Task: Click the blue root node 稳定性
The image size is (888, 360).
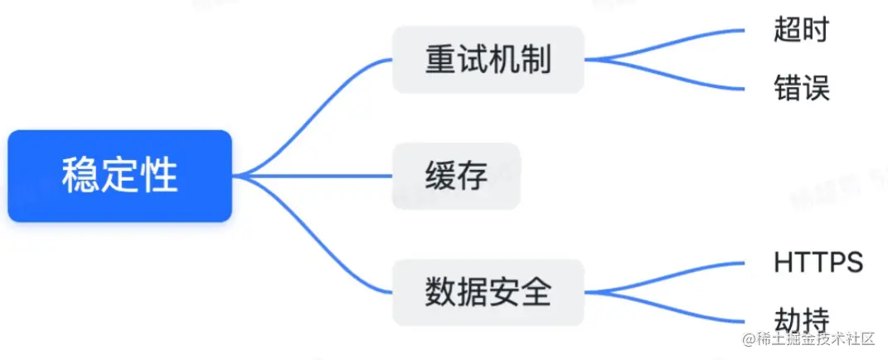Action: click(x=119, y=176)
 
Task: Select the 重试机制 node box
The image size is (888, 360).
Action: click(x=488, y=60)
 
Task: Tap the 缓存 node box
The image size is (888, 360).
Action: click(x=456, y=176)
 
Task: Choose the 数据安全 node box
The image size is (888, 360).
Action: click(x=488, y=293)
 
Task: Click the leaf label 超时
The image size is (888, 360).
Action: click(x=801, y=31)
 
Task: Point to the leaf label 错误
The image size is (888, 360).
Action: click(x=801, y=87)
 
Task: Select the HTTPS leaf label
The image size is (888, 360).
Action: click(x=818, y=263)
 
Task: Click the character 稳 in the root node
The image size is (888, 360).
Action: click(x=80, y=176)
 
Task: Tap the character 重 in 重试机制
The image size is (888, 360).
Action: click(x=440, y=60)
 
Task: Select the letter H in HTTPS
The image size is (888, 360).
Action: click(x=782, y=263)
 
